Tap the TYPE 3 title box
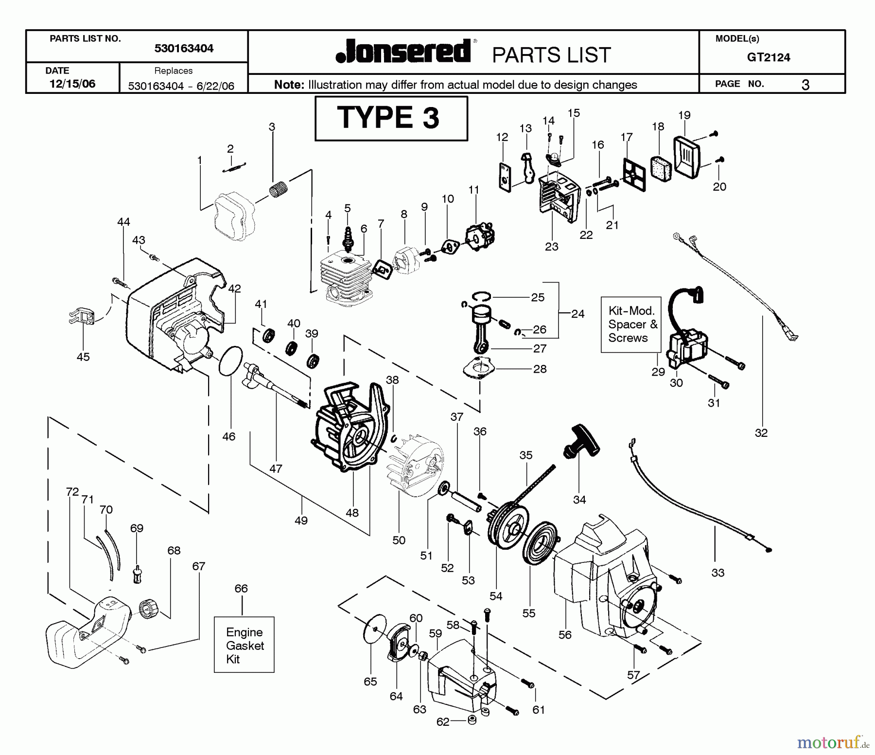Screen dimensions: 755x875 [x=391, y=118]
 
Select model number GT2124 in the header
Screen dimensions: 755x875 [x=769, y=57]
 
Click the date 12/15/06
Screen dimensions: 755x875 [x=72, y=84]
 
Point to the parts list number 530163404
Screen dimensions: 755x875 [x=184, y=48]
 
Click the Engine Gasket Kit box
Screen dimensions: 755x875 [x=244, y=645]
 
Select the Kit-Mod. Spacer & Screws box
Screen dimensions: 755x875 [x=631, y=324]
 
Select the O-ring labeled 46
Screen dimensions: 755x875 [x=230, y=360]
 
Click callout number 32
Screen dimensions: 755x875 [x=761, y=432]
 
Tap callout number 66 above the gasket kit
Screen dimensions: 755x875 [x=241, y=589]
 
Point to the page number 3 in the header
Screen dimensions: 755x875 [x=805, y=85]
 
